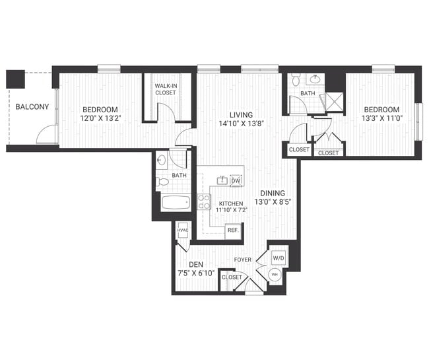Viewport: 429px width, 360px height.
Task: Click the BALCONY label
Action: pos(30,106)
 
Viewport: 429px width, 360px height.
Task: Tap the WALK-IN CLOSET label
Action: pos(165,89)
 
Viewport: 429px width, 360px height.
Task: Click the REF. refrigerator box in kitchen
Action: pos(232,230)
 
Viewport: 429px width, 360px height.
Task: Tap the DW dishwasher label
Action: pos(236,180)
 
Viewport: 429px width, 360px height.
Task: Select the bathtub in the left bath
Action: pos(175,203)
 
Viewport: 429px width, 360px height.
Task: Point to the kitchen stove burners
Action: pos(204,202)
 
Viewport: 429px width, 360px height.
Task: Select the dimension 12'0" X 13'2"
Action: pos(100,119)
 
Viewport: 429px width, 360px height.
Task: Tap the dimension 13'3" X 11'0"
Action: pos(381,119)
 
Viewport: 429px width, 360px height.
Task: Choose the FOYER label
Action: pos(242,260)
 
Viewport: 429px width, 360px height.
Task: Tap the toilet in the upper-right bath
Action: pos(296,80)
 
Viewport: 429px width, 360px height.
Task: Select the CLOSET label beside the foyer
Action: pos(232,277)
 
